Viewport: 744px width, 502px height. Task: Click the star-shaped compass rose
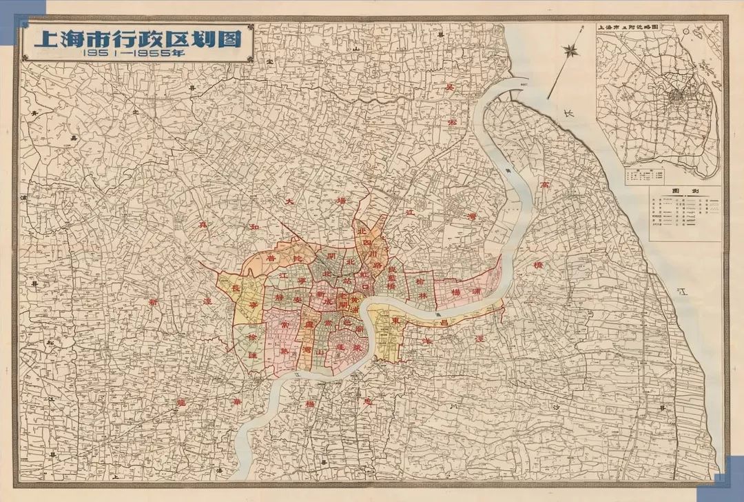tap(570, 50)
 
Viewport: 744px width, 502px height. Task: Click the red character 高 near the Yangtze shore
tap(545, 185)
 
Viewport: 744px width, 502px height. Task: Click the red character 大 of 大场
tap(291, 199)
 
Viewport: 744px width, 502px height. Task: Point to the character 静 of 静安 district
tap(279, 298)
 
